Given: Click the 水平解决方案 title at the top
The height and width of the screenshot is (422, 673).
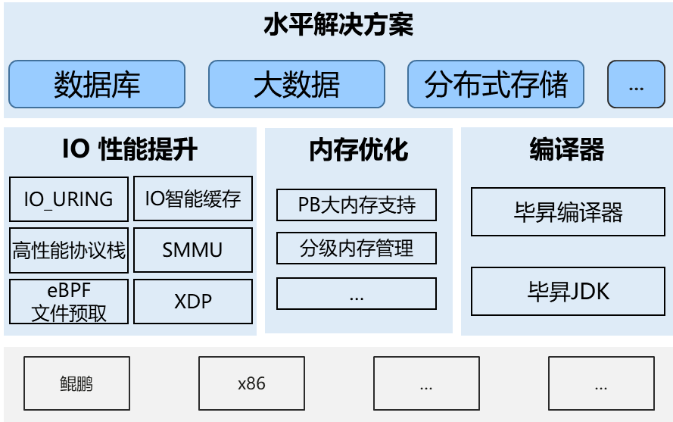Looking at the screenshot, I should (x=338, y=26).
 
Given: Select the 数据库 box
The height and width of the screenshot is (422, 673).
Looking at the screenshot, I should (x=97, y=84).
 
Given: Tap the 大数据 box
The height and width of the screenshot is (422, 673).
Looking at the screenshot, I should (x=296, y=84).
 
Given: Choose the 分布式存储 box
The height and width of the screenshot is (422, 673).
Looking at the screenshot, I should (x=496, y=84).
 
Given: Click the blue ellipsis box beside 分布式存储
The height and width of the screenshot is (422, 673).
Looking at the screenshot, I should (x=636, y=84).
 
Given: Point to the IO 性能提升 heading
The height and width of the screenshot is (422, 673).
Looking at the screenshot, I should (x=129, y=150).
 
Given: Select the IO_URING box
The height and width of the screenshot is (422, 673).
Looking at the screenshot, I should (x=69, y=198).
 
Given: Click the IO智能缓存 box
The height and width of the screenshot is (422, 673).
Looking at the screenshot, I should (x=192, y=198).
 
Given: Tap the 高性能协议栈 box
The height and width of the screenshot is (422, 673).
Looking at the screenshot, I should (x=69, y=249).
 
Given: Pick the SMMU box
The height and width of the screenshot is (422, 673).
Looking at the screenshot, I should (x=192, y=249).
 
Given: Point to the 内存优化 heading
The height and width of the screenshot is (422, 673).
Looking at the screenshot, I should (x=358, y=150).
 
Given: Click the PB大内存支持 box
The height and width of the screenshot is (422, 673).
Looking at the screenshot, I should (x=357, y=205).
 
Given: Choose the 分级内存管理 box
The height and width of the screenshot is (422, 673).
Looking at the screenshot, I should (x=357, y=249).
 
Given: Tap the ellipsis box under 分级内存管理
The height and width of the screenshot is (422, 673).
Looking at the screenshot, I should (x=357, y=294).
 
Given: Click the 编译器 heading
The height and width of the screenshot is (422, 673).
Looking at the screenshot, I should (x=566, y=150).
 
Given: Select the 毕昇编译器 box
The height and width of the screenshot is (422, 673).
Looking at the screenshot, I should (x=568, y=212).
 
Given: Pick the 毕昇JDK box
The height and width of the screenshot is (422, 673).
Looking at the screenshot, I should (x=568, y=291).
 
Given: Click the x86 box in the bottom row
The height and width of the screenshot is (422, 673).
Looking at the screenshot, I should (x=251, y=383).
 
